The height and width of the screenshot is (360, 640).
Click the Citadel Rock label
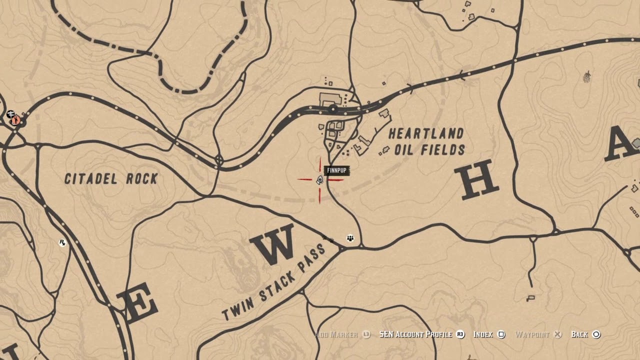click(x=111, y=178)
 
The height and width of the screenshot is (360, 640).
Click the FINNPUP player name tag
click(x=336, y=171)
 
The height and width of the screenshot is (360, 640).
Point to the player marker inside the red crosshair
click(x=320, y=180)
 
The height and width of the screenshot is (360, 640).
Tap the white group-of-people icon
click(x=350, y=238)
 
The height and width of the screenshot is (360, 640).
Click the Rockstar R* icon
click(x=62, y=242)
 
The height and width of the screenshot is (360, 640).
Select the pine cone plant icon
click(x=587, y=76)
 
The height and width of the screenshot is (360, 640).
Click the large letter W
click(x=273, y=244)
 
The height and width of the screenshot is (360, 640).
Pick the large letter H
click(x=476, y=179)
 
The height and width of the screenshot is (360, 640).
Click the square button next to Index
click(x=502, y=334)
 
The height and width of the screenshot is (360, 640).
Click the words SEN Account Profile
click(x=415, y=334)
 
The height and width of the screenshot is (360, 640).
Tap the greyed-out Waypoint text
click(x=532, y=334)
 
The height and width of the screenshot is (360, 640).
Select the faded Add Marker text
click(x=336, y=334)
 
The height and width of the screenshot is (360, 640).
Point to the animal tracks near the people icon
click(x=329, y=239)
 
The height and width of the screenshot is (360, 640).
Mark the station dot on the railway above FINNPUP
click(x=333, y=108)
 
